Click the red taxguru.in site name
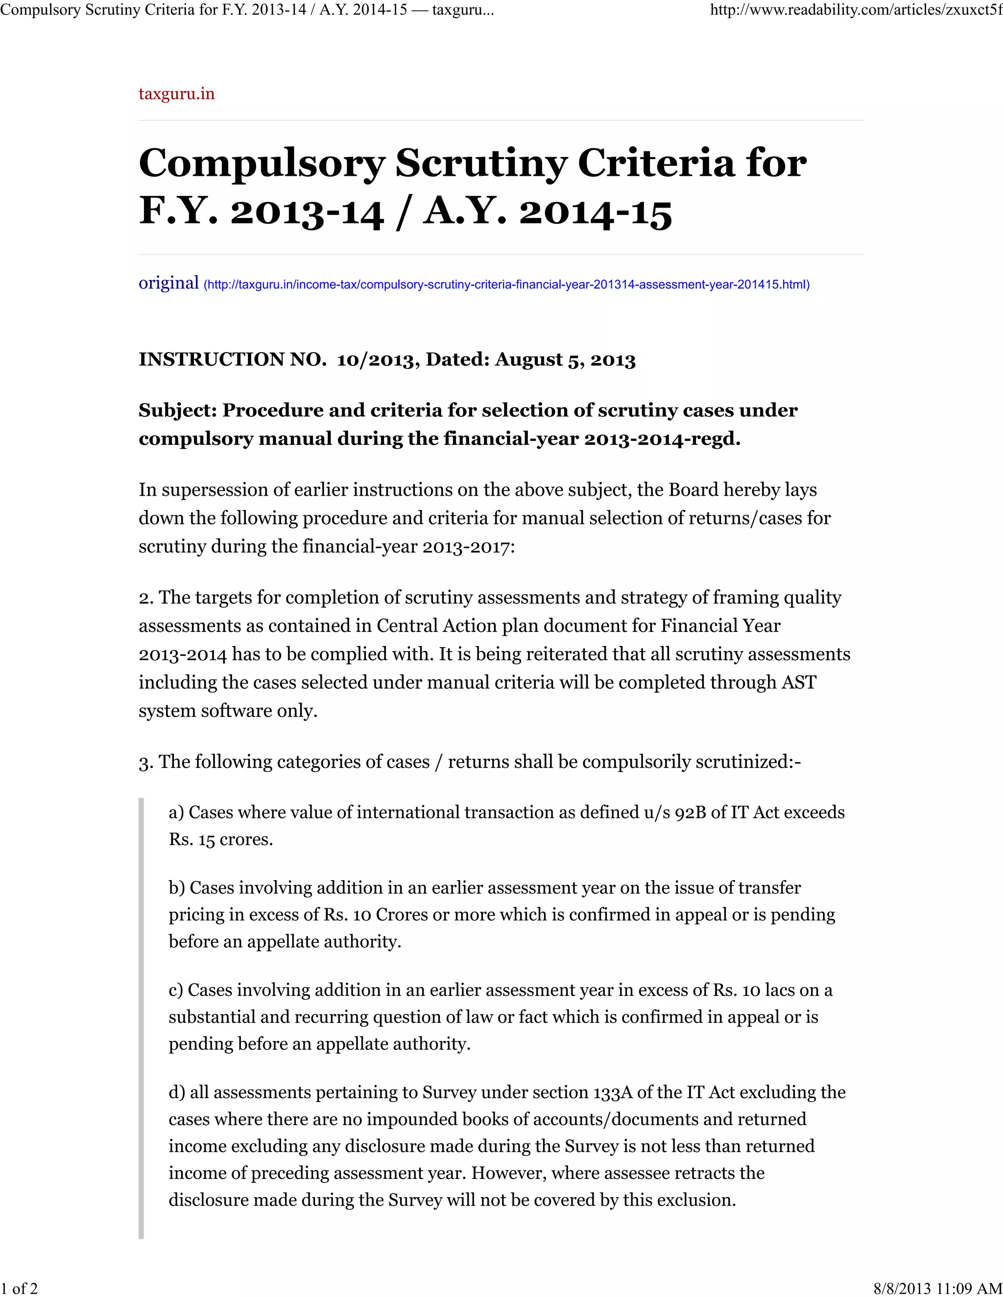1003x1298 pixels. tap(176, 94)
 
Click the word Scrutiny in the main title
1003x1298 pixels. tap(480, 163)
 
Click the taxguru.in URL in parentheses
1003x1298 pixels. tap(506, 285)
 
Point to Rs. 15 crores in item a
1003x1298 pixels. tap(220, 840)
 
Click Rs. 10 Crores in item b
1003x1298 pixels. tap(376, 914)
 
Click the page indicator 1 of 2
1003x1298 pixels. tap(20, 1289)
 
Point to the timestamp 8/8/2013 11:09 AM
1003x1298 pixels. tap(938, 1289)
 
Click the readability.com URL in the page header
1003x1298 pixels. tap(856, 11)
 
